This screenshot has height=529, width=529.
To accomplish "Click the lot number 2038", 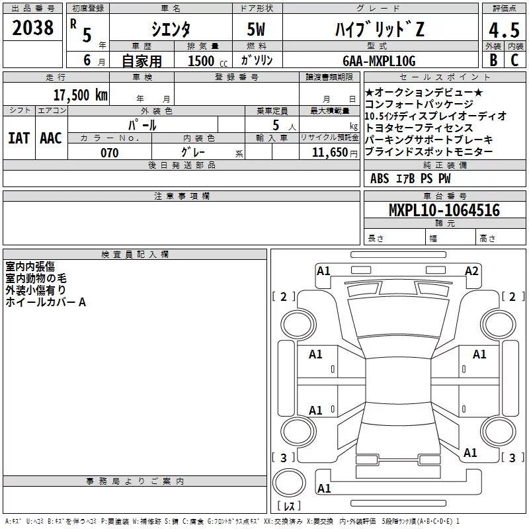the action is [x=32, y=28].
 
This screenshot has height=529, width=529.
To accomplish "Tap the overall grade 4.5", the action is [x=504, y=30].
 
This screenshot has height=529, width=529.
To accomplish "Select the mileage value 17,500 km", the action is [x=81, y=95].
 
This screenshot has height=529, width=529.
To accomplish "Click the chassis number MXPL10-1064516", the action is [x=444, y=210].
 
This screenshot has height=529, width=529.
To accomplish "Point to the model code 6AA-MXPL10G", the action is [x=379, y=61].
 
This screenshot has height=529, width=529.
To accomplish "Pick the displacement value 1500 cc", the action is [x=208, y=61].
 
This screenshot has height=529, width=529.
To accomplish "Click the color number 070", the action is [x=110, y=153].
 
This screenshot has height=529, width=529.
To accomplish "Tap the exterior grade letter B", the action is [x=493, y=60].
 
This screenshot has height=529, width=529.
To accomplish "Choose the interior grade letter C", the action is [x=514, y=60].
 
